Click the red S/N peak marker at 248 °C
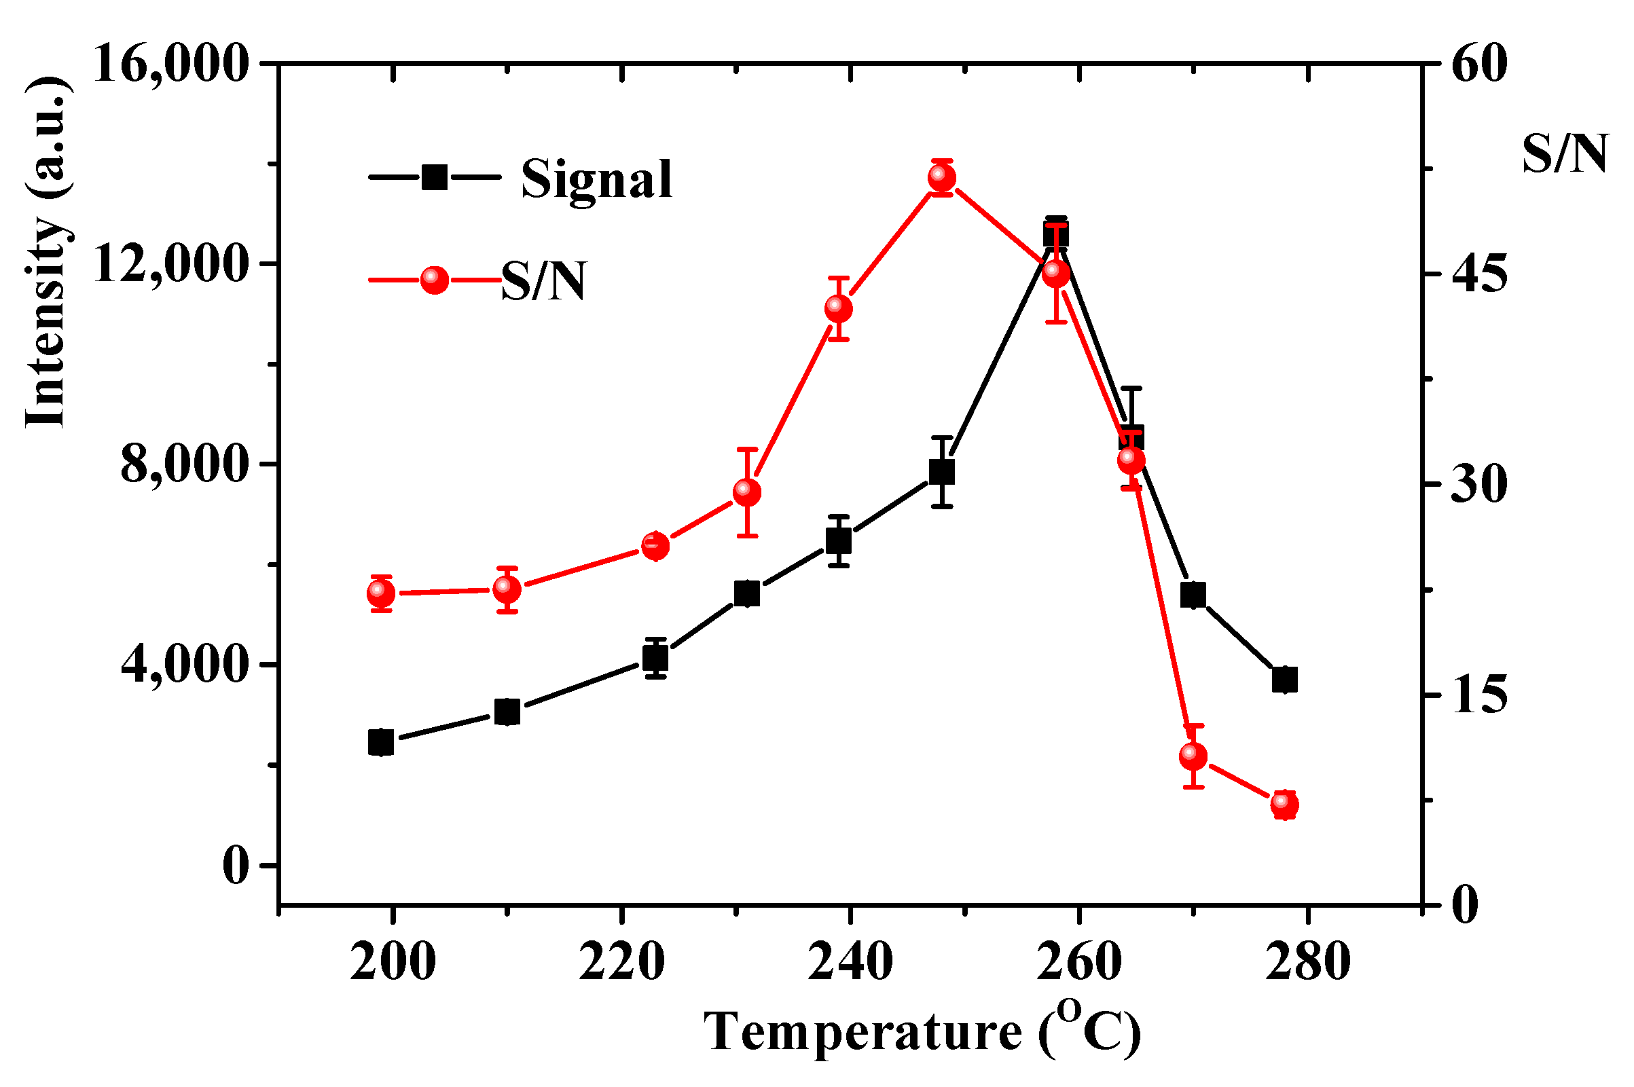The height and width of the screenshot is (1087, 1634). pyautogui.click(x=941, y=177)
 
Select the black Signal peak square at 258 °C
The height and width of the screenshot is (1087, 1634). pyautogui.click(x=1055, y=236)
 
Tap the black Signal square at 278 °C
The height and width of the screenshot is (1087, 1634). pyautogui.click(x=1285, y=680)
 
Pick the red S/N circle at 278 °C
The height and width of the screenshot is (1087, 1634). pyautogui.click(x=1285, y=805)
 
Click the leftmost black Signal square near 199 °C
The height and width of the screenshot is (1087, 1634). pyautogui.click(x=380, y=743)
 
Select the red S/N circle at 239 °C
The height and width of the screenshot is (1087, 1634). pyautogui.click(x=838, y=308)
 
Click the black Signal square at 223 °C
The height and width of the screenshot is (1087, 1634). pyautogui.click(x=655, y=657)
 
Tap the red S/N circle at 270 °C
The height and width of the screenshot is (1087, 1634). pyautogui.click(x=1193, y=756)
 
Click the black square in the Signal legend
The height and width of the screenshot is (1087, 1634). pyautogui.click(x=434, y=177)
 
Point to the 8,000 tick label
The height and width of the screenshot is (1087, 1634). pyautogui.click(x=185, y=464)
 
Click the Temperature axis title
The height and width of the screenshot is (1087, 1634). pyautogui.click(x=922, y=1031)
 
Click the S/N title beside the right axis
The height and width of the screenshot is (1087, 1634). pyautogui.click(x=1565, y=154)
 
